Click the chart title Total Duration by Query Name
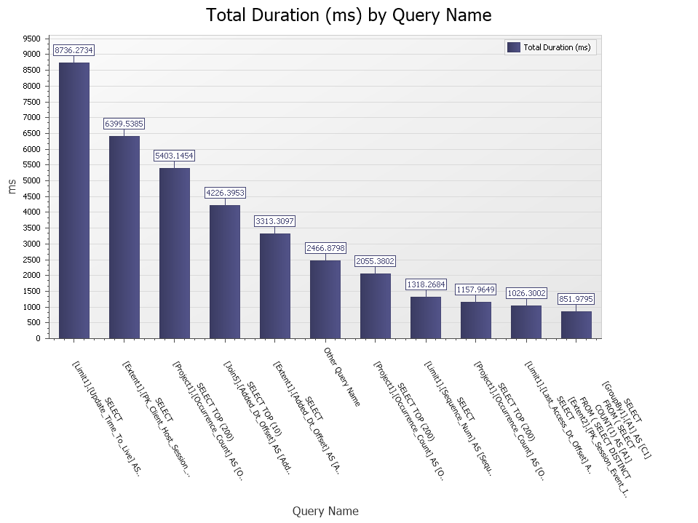[x=349, y=15]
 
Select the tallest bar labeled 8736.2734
[x=74, y=200]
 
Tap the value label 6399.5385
[x=124, y=124]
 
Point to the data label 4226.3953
[x=224, y=193]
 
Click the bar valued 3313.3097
[x=274, y=286]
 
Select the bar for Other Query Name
[x=325, y=299]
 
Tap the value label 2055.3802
[x=375, y=261]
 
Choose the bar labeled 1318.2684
[x=425, y=317]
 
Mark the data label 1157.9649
[x=475, y=290]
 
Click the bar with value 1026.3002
[x=526, y=322]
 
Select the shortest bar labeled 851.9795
[x=576, y=324]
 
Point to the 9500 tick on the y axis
[x=31, y=39]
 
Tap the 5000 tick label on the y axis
[x=31, y=180]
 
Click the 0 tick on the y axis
[x=36, y=338]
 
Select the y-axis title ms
[x=12, y=187]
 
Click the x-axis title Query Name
[x=325, y=511]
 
